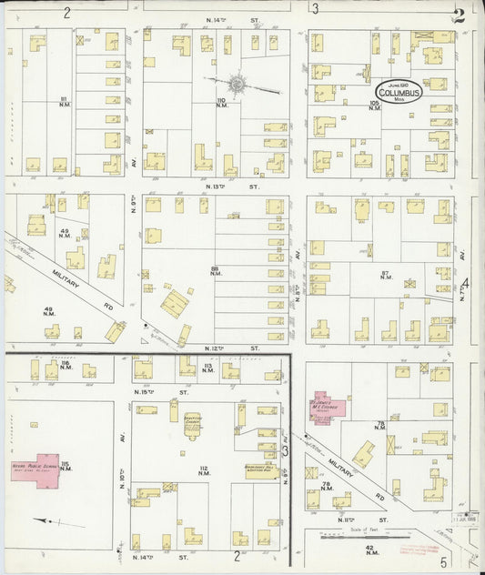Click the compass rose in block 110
click(x=237, y=84)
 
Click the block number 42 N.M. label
click(x=370, y=550)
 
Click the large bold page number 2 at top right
click(x=460, y=15)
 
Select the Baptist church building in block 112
click(x=192, y=424)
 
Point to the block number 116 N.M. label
click(x=65, y=367)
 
